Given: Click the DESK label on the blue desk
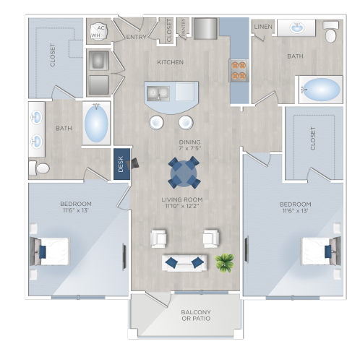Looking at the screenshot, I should [x=121, y=164].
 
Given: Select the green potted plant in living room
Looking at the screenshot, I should [x=225, y=262].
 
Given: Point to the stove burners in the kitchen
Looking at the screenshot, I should [x=239, y=70].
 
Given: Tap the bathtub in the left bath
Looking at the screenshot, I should [x=97, y=124].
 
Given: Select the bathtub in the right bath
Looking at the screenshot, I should [x=321, y=90].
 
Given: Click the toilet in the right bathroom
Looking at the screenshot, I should [x=330, y=33].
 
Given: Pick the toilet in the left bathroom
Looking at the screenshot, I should [x=41, y=168].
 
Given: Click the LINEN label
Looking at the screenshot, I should [x=262, y=27].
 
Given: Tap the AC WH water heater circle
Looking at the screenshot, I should [x=98, y=32].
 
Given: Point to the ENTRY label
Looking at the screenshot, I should [x=136, y=36].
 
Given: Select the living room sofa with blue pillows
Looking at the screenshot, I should [x=184, y=262].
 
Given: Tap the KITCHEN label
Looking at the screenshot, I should [x=171, y=62].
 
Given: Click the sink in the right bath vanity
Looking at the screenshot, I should [x=296, y=28].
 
